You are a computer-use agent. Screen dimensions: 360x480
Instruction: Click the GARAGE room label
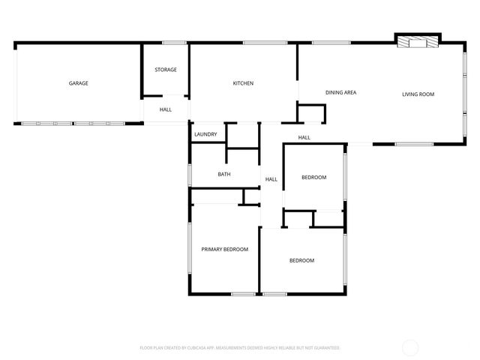[79, 83]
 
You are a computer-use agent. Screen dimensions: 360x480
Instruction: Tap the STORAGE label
[166, 70]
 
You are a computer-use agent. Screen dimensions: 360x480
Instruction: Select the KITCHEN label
[242, 83]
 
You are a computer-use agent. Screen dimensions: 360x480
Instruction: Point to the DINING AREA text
[340, 92]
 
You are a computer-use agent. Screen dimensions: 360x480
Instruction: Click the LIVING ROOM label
[418, 94]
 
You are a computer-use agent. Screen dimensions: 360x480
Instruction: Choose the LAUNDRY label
[205, 134]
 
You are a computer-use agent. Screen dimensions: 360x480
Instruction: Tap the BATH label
[224, 174]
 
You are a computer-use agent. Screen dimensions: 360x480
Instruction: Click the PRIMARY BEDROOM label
[224, 249]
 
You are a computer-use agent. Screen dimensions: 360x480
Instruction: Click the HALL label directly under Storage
[166, 109]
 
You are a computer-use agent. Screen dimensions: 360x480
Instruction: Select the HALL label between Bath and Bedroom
[271, 179]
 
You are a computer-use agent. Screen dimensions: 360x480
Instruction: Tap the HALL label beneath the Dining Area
[304, 137]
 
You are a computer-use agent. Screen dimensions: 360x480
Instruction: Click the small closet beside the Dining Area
[311, 113]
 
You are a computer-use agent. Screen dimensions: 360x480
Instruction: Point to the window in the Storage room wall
[175, 43]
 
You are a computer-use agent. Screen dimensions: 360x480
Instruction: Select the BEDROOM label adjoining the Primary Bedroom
[302, 260]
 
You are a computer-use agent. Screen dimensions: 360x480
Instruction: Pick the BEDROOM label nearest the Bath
[313, 177]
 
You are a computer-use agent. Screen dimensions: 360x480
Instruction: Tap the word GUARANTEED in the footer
[326, 348]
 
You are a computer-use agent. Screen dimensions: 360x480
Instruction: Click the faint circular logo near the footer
[410, 347]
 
